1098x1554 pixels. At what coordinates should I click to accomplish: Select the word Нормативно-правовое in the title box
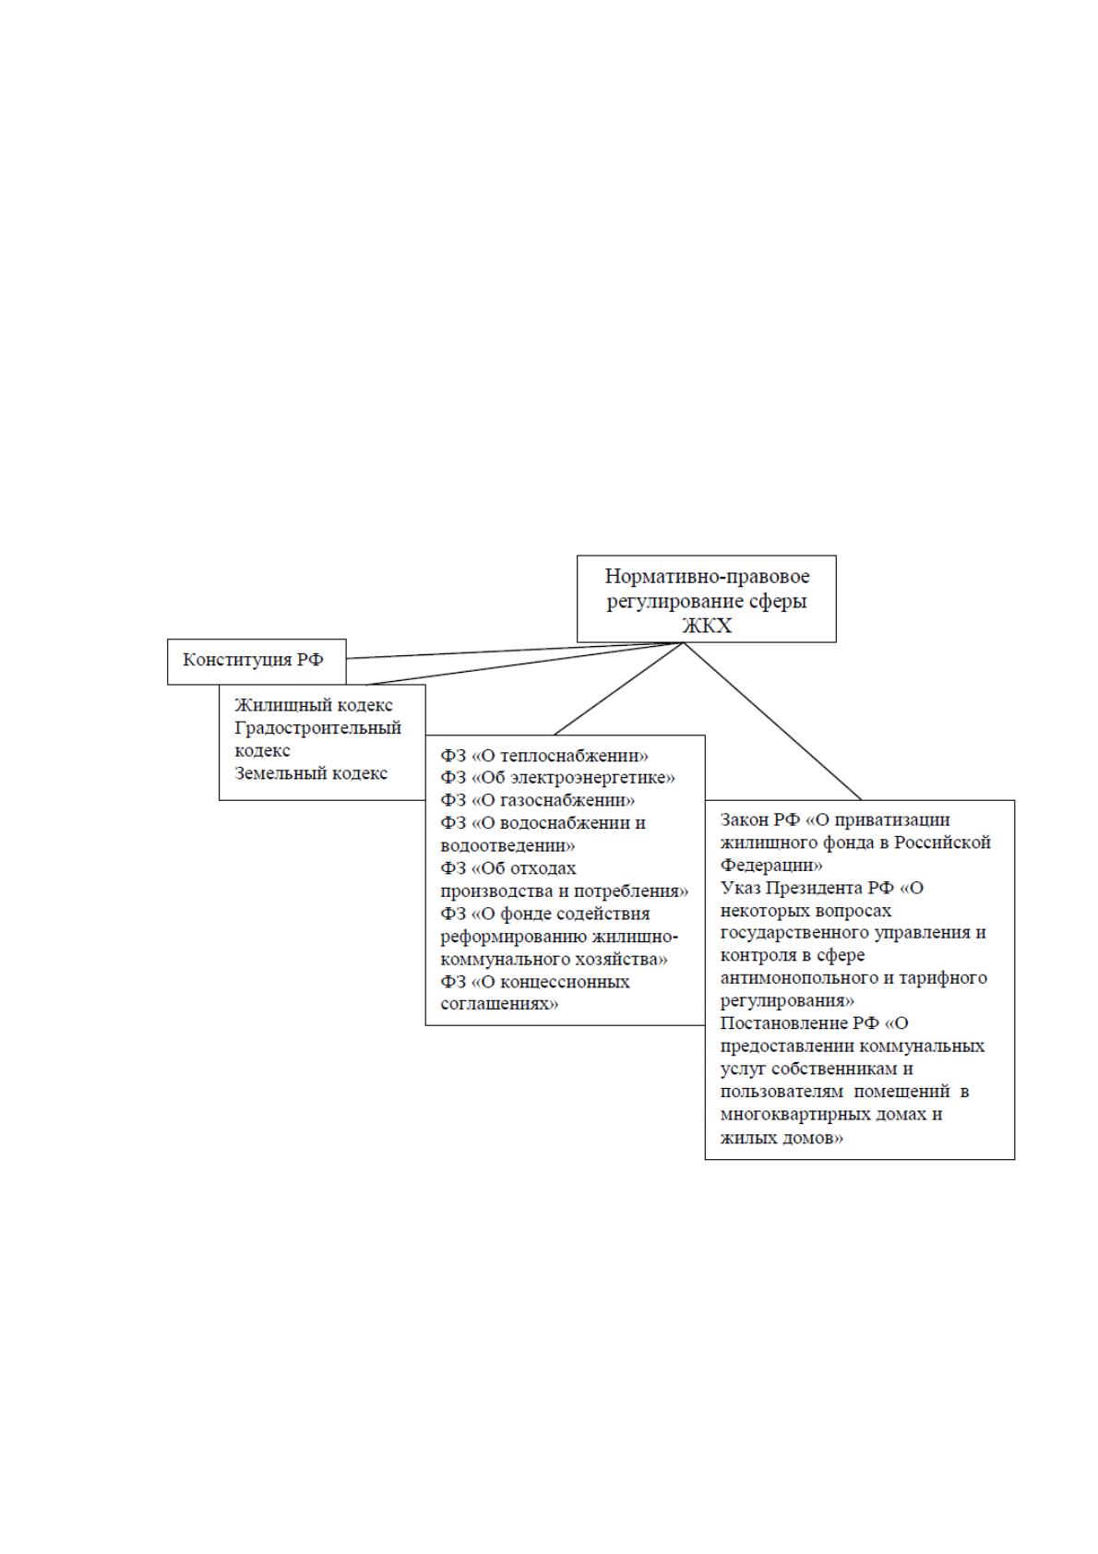707,577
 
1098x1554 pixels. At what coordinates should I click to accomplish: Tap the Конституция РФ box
257,661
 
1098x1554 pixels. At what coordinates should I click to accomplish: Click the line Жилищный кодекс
314,706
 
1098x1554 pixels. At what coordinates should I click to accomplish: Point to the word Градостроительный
318,728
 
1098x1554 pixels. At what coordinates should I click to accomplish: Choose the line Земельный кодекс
311,773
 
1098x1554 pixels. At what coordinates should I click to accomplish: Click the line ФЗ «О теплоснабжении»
544,756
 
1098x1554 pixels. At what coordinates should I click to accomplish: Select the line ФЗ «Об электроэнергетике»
557,778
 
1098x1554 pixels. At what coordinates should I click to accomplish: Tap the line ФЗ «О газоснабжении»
538,801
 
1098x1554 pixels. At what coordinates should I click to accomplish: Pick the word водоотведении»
507,846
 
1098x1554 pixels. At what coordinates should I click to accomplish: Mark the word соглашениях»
499,1005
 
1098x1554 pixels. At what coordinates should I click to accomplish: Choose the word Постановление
781,1023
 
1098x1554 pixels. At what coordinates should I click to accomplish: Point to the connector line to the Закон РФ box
772,722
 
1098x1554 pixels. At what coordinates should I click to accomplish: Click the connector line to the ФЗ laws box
619,689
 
